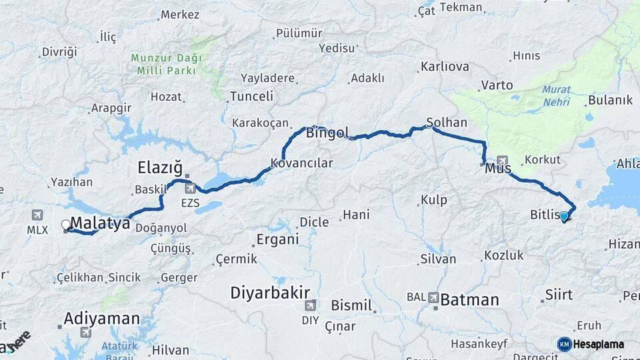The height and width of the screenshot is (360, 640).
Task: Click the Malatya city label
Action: [x=99, y=223]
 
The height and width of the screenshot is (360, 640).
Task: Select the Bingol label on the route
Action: [x=327, y=133]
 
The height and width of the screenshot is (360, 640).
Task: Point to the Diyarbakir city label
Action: [x=269, y=292]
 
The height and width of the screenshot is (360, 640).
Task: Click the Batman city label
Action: [x=469, y=300]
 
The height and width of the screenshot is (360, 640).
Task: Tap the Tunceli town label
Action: [x=251, y=96]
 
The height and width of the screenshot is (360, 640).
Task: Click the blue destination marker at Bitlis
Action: [x=564, y=216]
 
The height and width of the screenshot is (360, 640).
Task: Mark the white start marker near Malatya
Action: [x=66, y=225]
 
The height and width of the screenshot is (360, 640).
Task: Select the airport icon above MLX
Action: [x=37, y=215]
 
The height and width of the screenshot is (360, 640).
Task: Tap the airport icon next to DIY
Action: [x=309, y=306]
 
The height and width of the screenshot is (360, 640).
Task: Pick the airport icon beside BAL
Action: [x=433, y=298]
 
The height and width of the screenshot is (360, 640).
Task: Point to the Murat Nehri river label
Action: [x=555, y=95]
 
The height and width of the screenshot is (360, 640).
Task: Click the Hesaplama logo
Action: [x=593, y=344]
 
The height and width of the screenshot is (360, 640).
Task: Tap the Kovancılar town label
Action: [x=301, y=163]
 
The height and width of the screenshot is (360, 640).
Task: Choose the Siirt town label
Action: [x=559, y=294]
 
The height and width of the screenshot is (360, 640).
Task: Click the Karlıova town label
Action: [x=445, y=67]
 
